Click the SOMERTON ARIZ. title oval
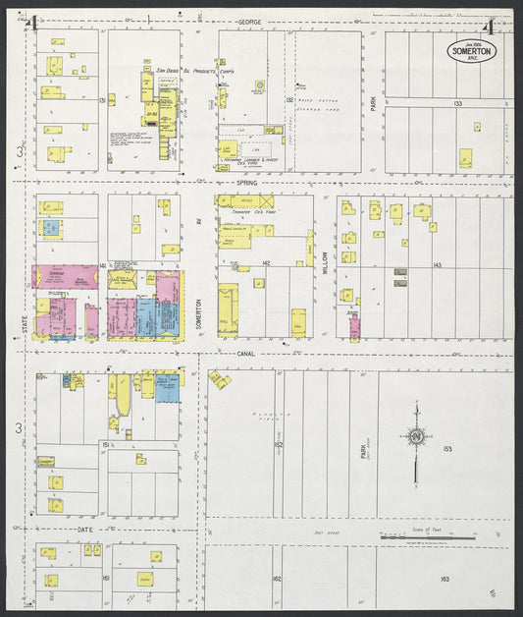[473, 51]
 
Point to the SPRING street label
[245, 183]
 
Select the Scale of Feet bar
[428, 537]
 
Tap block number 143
[437, 265]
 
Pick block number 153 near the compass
[446, 448]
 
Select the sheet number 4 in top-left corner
[33, 23]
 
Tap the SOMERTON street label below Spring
[198, 314]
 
